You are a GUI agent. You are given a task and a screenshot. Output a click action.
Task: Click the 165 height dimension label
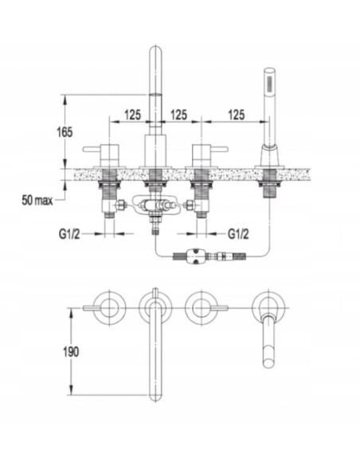tap(65, 132)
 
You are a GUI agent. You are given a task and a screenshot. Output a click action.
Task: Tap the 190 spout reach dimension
tap(71, 352)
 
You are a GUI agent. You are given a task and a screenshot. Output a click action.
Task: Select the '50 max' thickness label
tap(37, 201)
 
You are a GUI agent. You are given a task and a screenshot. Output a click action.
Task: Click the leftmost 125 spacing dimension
tap(132, 115)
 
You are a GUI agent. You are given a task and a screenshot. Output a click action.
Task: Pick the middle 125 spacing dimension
tap(178, 115)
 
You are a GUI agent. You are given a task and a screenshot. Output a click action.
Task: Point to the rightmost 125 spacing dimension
tap(236, 115)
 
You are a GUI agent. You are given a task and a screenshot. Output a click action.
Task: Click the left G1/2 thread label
tap(69, 234)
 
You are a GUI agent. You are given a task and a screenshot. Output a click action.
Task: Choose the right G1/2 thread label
tap(238, 234)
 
